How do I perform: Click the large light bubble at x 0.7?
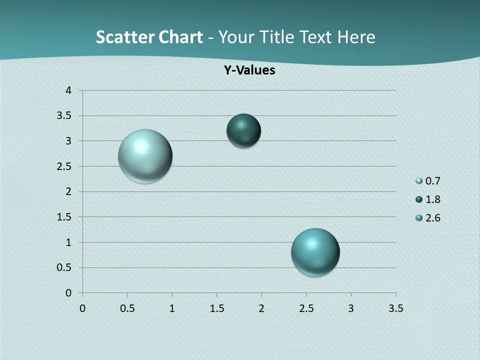pos(145,156)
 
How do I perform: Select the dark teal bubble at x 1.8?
pos(243,131)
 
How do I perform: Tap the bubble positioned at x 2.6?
pos(315,252)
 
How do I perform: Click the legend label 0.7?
pos(433,181)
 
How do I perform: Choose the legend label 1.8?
pos(433,199)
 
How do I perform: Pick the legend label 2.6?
pos(433,218)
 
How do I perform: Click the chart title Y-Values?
pos(249,70)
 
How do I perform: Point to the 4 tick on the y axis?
pos(68,90)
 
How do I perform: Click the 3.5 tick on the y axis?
pos(64,116)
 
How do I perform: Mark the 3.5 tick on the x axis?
pos(395,308)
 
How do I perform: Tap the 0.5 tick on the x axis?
pos(127,308)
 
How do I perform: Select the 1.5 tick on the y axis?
pos(64,217)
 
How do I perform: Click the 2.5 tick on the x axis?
pos(306,308)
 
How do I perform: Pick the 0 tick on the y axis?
pos(68,293)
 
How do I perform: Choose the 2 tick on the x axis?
pos(261,308)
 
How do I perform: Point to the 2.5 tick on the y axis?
pos(64,166)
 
